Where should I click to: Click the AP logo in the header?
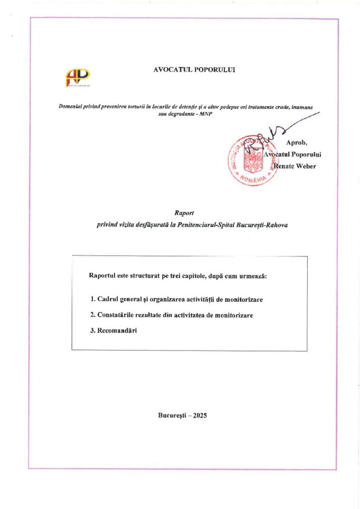pyautogui.click(x=78, y=78)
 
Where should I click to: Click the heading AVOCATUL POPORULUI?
pyautogui.click(x=194, y=70)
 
